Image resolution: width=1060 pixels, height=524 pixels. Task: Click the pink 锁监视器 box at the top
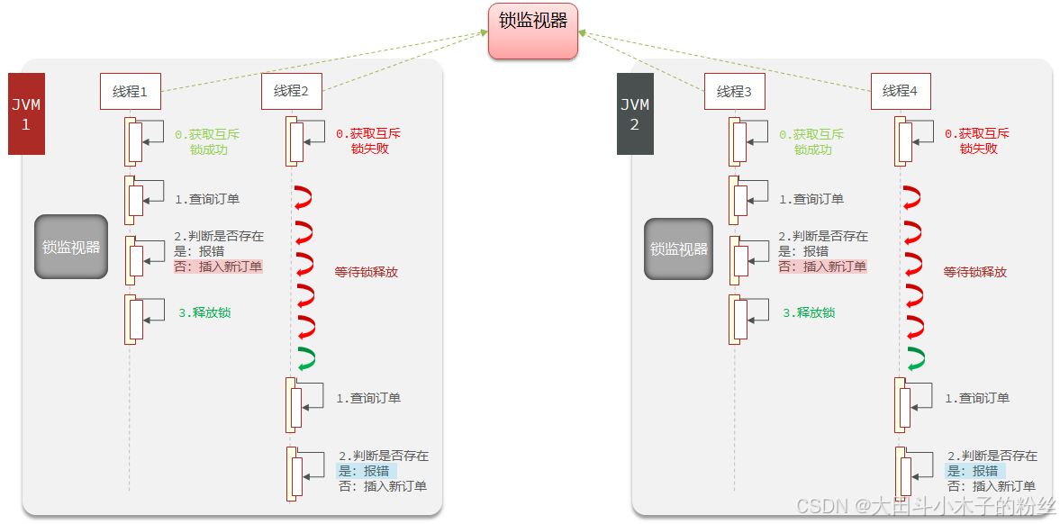point(533,31)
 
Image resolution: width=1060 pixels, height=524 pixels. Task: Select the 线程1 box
point(131,91)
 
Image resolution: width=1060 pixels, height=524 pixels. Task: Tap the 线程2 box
point(292,91)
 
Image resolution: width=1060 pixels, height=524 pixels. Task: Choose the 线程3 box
point(735,91)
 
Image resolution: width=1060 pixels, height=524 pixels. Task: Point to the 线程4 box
point(901,91)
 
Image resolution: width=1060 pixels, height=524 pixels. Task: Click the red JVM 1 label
point(26,114)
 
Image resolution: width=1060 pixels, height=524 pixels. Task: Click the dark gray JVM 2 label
point(635,114)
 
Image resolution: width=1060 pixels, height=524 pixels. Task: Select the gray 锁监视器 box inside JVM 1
point(71,247)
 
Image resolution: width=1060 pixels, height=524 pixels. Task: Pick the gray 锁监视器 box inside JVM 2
point(679,248)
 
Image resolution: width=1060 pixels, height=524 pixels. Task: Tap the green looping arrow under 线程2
point(305,357)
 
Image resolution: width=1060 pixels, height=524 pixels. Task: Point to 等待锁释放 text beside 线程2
point(367,271)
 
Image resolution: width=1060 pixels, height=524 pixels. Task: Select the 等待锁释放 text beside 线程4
point(975,271)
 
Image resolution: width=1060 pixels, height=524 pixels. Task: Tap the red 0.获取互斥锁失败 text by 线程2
point(368,141)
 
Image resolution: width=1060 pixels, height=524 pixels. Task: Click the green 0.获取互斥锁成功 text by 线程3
point(812,141)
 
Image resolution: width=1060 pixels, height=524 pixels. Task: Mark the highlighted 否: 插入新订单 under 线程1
point(218,267)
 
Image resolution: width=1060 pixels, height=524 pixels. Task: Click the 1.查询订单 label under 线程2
point(368,398)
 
